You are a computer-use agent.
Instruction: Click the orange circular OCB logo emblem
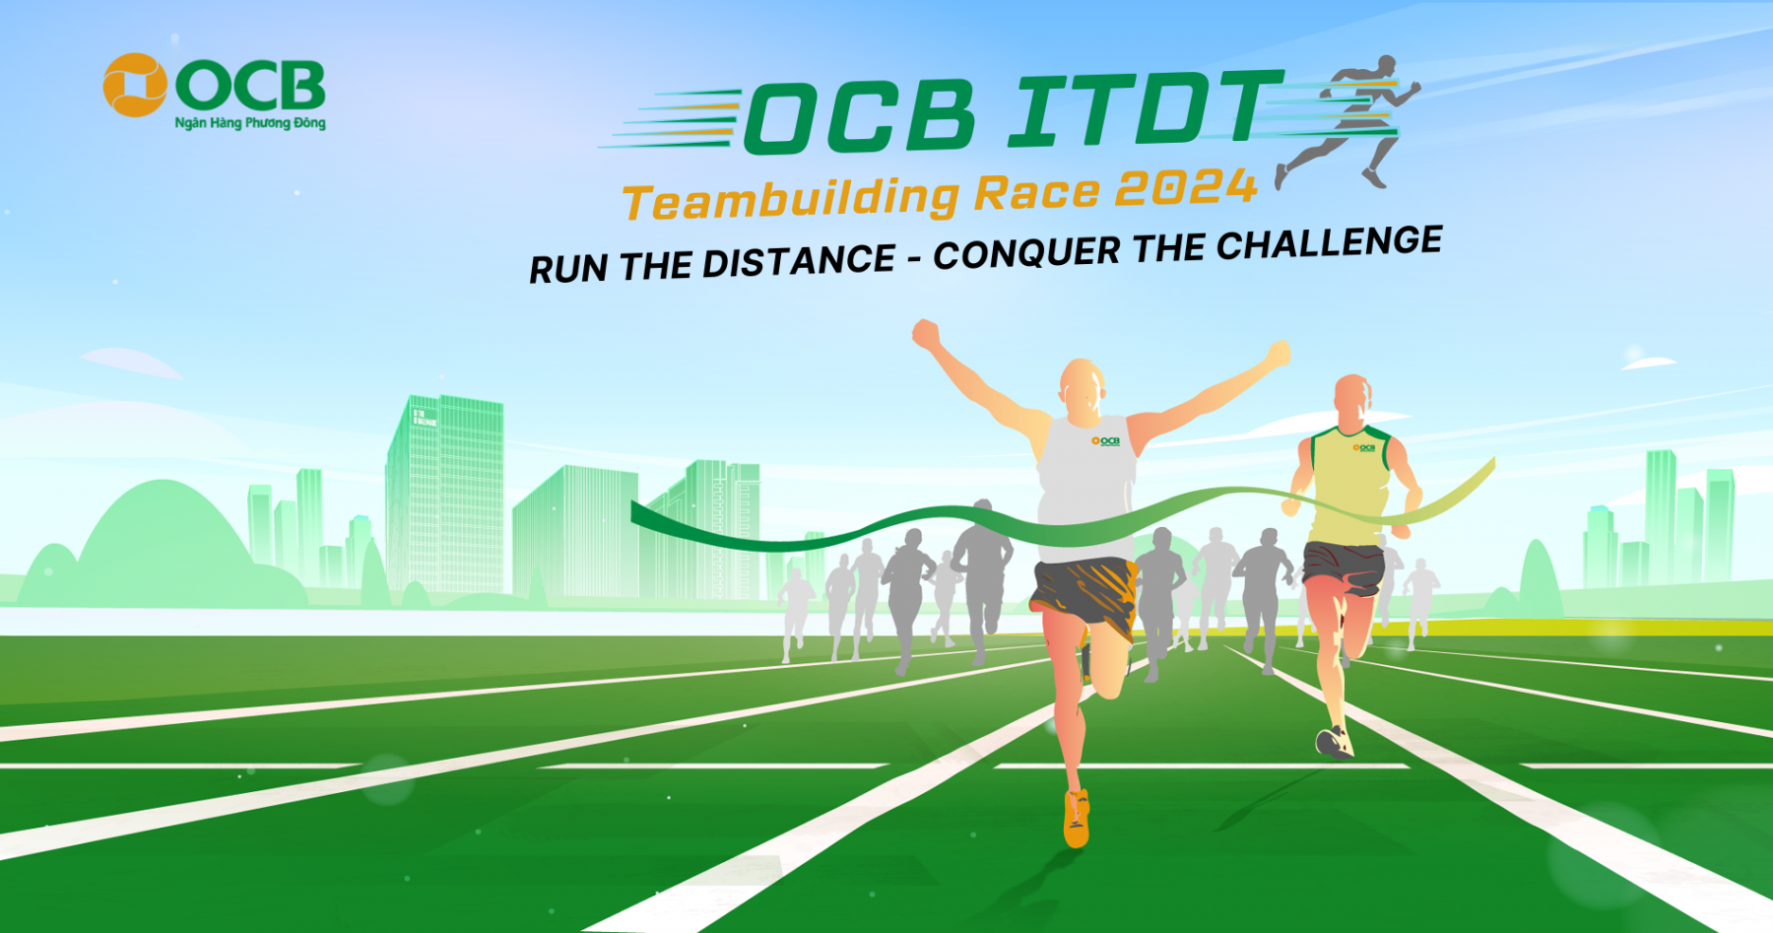click(x=135, y=85)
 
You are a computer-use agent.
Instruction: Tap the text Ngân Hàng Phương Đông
click(x=250, y=123)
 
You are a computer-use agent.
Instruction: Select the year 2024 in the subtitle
click(x=1186, y=187)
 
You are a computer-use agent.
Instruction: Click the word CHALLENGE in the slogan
click(x=1329, y=244)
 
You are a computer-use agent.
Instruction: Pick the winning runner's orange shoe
click(x=1077, y=818)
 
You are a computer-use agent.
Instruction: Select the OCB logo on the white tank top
click(x=1106, y=440)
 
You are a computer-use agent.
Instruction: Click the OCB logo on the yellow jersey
click(x=1363, y=448)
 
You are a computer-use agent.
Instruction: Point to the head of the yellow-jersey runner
click(x=1352, y=399)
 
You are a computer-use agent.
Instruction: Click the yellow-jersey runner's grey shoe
click(x=1333, y=743)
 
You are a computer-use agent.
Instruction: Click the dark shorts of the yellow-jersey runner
click(x=1343, y=566)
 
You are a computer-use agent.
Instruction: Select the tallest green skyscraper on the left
click(x=445, y=493)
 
